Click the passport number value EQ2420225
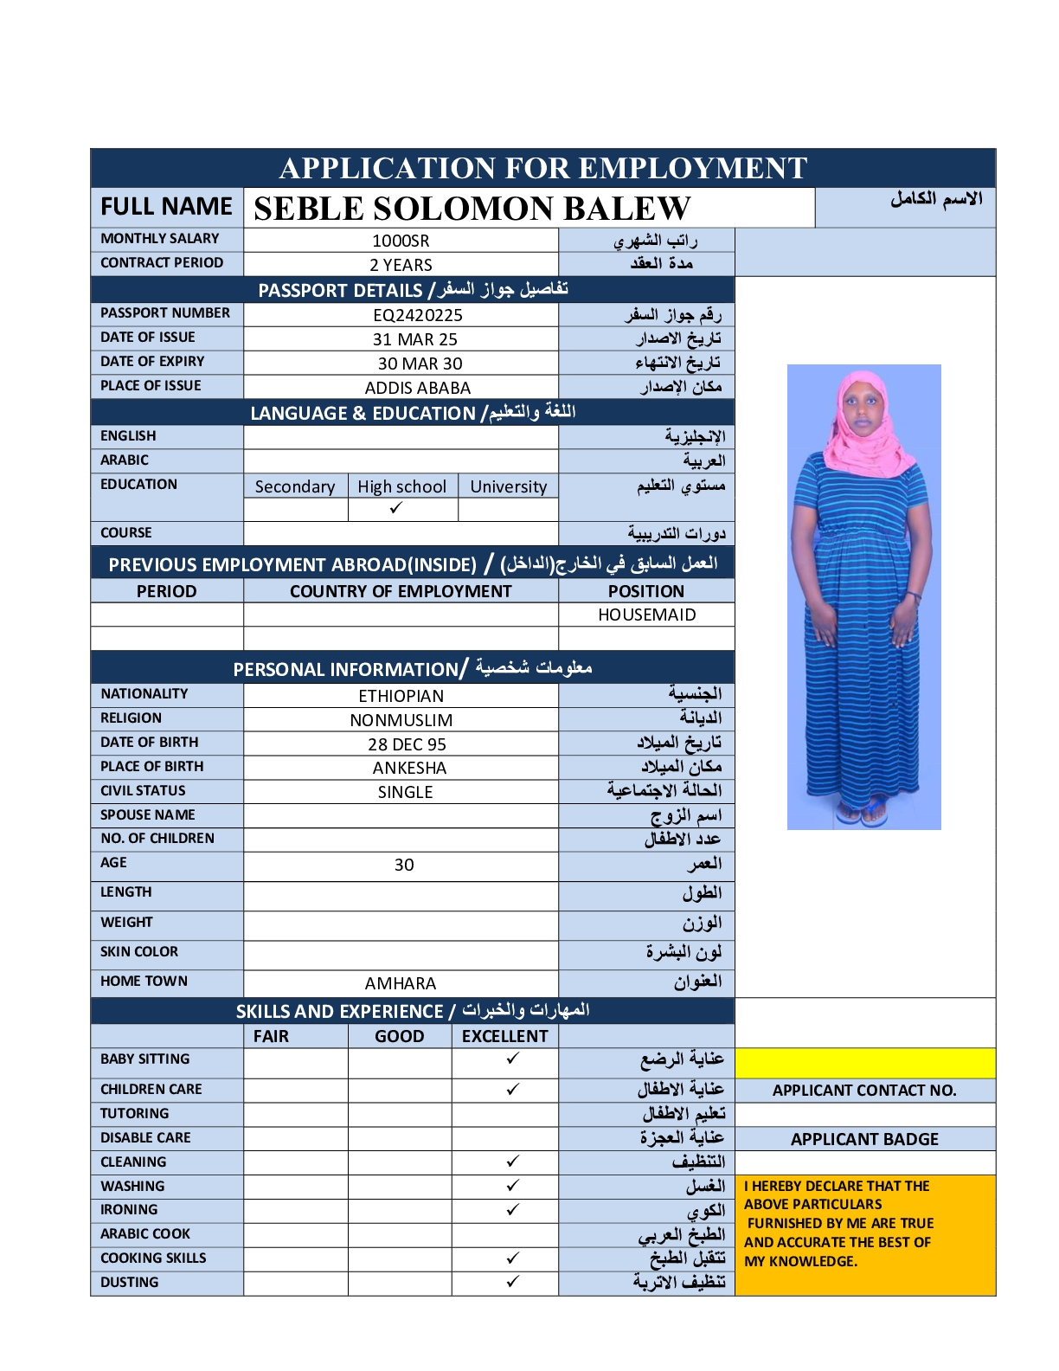pos(418,315)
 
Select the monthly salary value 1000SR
pos(401,241)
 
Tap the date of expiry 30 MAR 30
pos(420,364)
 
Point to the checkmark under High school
pos(396,508)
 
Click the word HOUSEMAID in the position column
pos(646,615)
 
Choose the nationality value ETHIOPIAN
pos(401,696)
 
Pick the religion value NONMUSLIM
pos(401,720)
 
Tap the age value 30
pos(404,865)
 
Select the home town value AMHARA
pos(401,983)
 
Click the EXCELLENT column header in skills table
pos(504,1036)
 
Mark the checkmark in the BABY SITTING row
pos(513,1058)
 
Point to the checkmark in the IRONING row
pos(513,1209)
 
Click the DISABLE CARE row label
pos(145,1137)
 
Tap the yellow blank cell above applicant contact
pos(864,1062)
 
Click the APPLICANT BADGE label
pos(864,1139)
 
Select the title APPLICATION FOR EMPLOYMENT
pos(543,168)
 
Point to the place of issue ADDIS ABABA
pos(418,388)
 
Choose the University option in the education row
pos(508,486)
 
